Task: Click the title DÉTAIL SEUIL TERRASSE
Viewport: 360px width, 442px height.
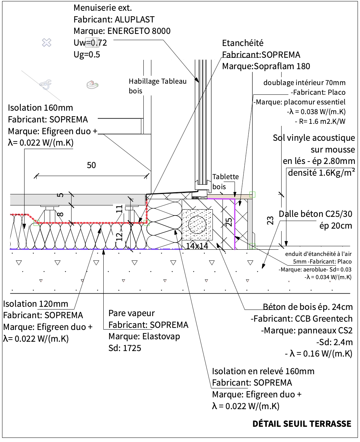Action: [302, 424]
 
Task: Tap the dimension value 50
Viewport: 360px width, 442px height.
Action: [91, 165]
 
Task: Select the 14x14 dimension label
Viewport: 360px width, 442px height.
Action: [197, 246]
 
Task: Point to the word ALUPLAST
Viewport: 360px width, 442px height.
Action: [134, 19]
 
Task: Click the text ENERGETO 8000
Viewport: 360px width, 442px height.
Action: [139, 31]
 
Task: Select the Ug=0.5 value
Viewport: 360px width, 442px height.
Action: [87, 54]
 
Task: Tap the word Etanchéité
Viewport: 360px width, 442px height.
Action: [243, 43]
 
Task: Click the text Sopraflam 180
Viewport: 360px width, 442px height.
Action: [282, 66]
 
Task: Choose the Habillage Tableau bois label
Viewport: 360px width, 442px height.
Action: [157, 86]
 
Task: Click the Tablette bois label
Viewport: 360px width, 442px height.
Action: [225, 181]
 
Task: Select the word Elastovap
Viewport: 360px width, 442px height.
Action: [161, 336]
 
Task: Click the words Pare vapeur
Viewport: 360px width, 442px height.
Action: [132, 313]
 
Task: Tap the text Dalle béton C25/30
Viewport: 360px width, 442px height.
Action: [315, 214]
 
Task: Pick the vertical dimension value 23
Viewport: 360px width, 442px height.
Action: [271, 220]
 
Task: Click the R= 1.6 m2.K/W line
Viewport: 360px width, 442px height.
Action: [320, 121]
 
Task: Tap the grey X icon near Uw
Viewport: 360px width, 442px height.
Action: [47, 43]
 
